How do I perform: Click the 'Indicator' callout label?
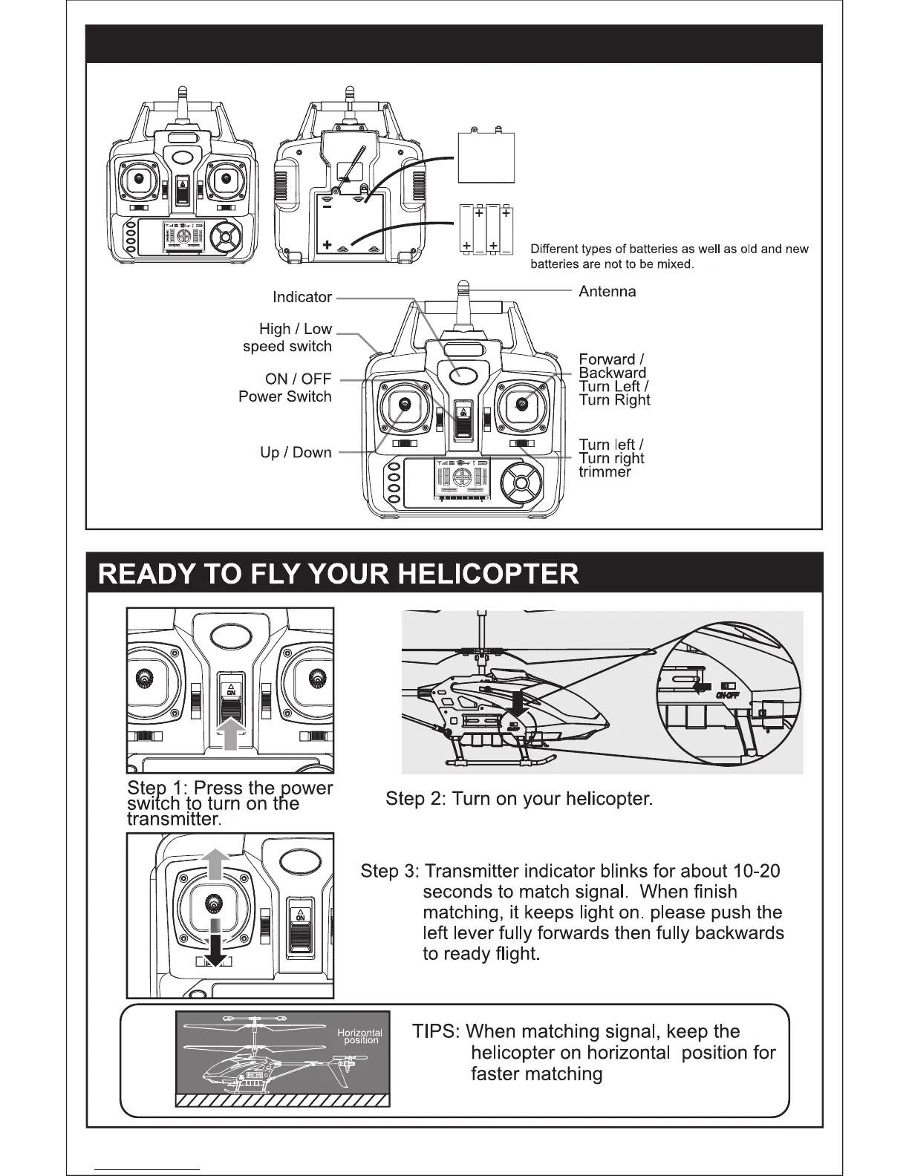pyautogui.click(x=302, y=297)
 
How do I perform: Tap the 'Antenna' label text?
pyautogui.click(x=607, y=292)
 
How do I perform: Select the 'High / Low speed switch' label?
pyautogui.click(x=287, y=338)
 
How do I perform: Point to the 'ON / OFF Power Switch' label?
pyautogui.click(x=285, y=388)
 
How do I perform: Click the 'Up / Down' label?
pyautogui.click(x=296, y=452)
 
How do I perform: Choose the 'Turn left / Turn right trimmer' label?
pyautogui.click(x=611, y=458)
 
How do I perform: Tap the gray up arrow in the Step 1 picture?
pyautogui.click(x=230, y=734)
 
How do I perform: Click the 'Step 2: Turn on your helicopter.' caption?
pyautogui.click(x=519, y=799)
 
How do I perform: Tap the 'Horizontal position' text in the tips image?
pyautogui.click(x=360, y=1036)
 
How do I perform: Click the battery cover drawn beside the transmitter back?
pyautogui.click(x=486, y=156)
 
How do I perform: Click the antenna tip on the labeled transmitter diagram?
pyautogui.click(x=462, y=286)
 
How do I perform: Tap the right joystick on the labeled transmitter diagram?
pyautogui.click(x=522, y=405)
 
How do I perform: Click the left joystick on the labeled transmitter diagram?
pyautogui.click(x=405, y=405)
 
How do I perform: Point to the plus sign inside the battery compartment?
pyautogui.click(x=327, y=244)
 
